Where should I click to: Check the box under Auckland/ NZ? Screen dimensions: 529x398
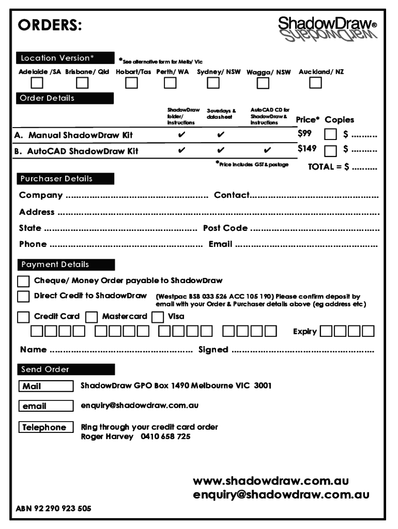[x=315, y=83]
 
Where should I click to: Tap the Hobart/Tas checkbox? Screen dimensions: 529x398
[x=131, y=83]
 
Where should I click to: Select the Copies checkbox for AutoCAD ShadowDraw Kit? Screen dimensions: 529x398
[x=330, y=151]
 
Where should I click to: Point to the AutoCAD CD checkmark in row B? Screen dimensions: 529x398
[x=267, y=151]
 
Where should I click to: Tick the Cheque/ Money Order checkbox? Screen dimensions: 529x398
[x=23, y=282]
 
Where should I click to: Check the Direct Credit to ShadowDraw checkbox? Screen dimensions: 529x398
[x=23, y=297]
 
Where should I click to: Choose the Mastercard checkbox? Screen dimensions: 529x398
[x=91, y=317]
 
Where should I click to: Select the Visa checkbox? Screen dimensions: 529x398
[x=159, y=317]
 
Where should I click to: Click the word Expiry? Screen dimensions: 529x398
[x=304, y=331]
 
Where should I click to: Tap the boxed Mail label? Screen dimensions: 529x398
[x=46, y=386]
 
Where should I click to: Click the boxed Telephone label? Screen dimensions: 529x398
[x=46, y=427]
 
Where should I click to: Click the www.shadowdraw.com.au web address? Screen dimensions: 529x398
[x=271, y=481]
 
